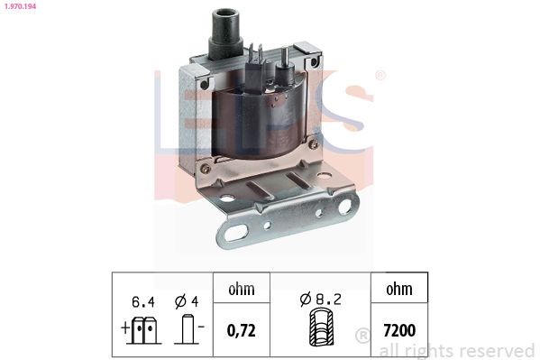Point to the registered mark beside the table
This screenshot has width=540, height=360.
tap(362, 336)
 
